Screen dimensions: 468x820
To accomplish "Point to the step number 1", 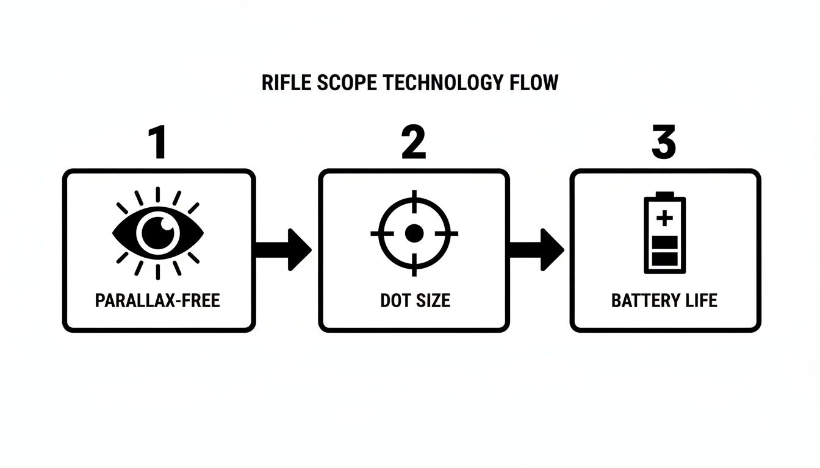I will (157, 144).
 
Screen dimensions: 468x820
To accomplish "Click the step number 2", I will (414, 144).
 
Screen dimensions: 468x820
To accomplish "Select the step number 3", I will (664, 144).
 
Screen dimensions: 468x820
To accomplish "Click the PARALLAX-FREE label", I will (157, 300).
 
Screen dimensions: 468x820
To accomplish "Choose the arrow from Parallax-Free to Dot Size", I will (284, 249).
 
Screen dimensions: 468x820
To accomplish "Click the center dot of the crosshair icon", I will (414, 233).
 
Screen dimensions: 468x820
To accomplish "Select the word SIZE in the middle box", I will (432, 300).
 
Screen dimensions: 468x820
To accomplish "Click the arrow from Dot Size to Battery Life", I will (536, 249).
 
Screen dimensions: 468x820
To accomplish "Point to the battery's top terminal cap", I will (664, 194).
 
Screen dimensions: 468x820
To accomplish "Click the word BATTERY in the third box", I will (644, 300).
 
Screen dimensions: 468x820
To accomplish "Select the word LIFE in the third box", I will (700, 300).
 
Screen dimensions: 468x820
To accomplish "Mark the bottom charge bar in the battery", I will (664, 259).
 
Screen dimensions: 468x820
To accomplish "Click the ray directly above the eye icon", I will (157, 194).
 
